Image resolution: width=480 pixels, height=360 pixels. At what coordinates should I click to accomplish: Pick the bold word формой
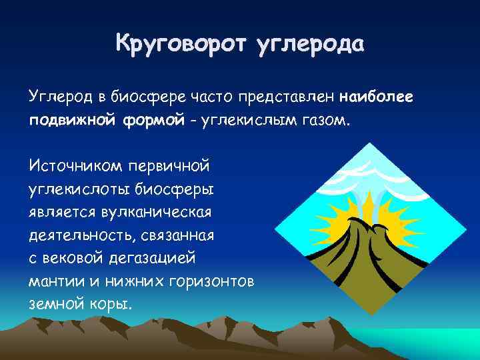[x=146, y=122]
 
